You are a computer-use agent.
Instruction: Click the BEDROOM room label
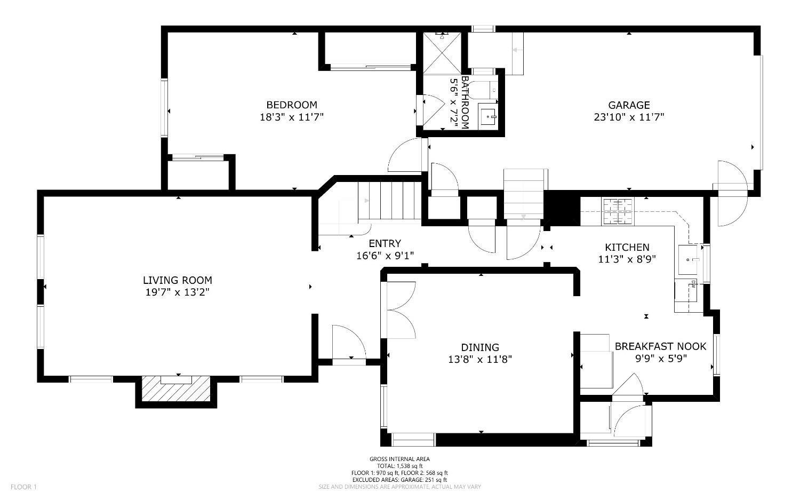click(x=292, y=105)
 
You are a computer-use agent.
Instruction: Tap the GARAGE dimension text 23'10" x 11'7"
click(x=629, y=117)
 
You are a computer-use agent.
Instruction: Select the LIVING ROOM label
click(x=178, y=280)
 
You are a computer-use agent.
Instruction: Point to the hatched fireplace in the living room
click(x=175, y=388)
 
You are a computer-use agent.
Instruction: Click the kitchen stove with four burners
click(x=618, y=211)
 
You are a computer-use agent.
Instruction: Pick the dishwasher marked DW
click(x=686, y=290)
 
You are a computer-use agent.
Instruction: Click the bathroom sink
click(x=487, y=116)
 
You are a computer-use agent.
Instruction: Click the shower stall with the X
click(x=442, y=53)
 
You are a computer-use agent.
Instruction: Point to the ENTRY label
click(x=385, y=243)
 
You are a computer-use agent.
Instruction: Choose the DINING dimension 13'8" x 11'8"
click(x=480, y=359)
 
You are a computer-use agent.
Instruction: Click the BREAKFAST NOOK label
click(x=660, y=346)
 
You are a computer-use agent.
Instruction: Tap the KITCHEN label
click(x=627, y=247)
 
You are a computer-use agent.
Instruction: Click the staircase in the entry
click(x=390, y=201)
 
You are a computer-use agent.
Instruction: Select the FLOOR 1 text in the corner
click(x=23, y=487)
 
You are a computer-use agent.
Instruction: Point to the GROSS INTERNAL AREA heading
click(x=399, y=459)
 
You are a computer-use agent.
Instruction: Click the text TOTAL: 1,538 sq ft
click(x=399, y=466)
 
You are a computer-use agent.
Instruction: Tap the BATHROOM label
click(x=465, y=102)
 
